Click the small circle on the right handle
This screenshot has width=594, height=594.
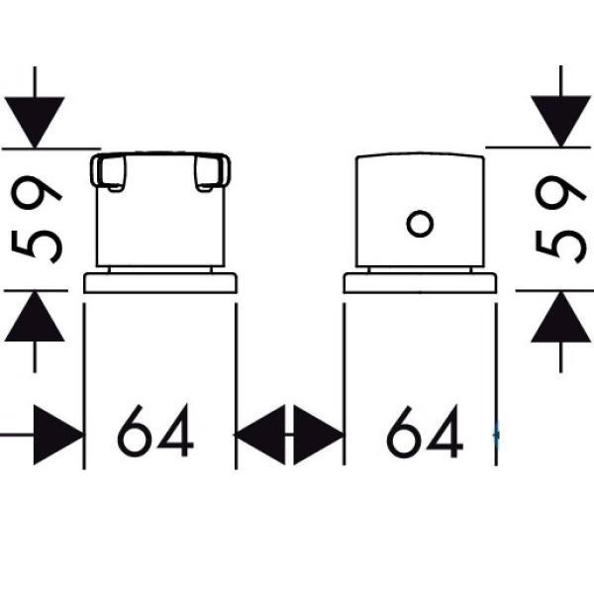[x=420, y=223]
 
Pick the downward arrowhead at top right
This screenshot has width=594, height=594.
[x=560, y=120]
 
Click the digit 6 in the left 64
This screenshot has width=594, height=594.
[x=137, y=434]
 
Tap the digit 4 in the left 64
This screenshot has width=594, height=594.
[x=176, y=434]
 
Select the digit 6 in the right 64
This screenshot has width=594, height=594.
[x=406, y=434]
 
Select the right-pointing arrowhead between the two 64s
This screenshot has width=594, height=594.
[x=319, y=435]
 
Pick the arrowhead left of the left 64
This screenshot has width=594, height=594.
[x=57, y=435]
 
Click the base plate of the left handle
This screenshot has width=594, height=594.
[x=160, y=283]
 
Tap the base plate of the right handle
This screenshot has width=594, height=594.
[x=420, y=283]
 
